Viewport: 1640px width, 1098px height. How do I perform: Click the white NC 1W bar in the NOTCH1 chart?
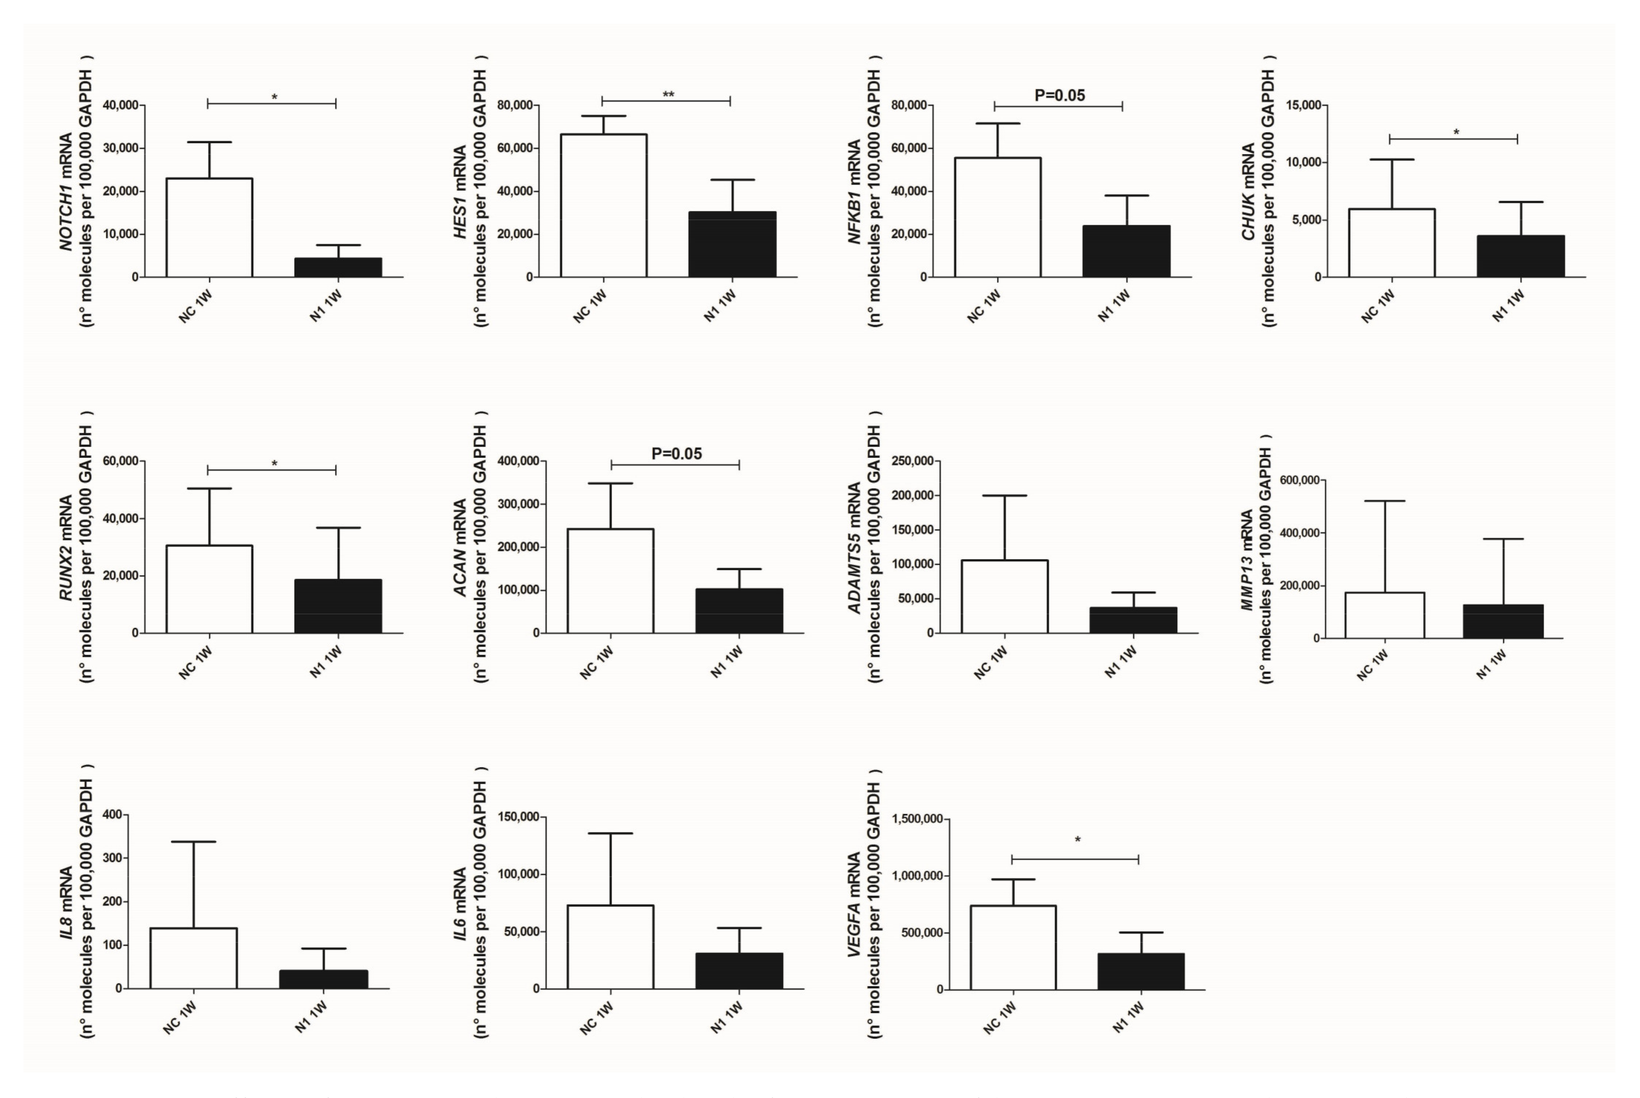[210, 228]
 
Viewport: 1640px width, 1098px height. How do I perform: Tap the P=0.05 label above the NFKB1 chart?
[1060, 95]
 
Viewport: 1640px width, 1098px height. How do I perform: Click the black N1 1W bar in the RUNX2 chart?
[338, 606]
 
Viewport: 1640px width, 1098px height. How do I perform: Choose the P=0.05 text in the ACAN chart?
[676, 454]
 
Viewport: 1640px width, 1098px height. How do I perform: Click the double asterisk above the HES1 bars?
[669, 95]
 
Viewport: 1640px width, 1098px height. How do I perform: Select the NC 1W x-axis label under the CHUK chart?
[1378, 306]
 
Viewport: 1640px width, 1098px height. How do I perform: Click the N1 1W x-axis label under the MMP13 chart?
[1491, 664]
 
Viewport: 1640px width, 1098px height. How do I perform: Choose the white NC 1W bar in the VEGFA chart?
[1013, 947]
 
